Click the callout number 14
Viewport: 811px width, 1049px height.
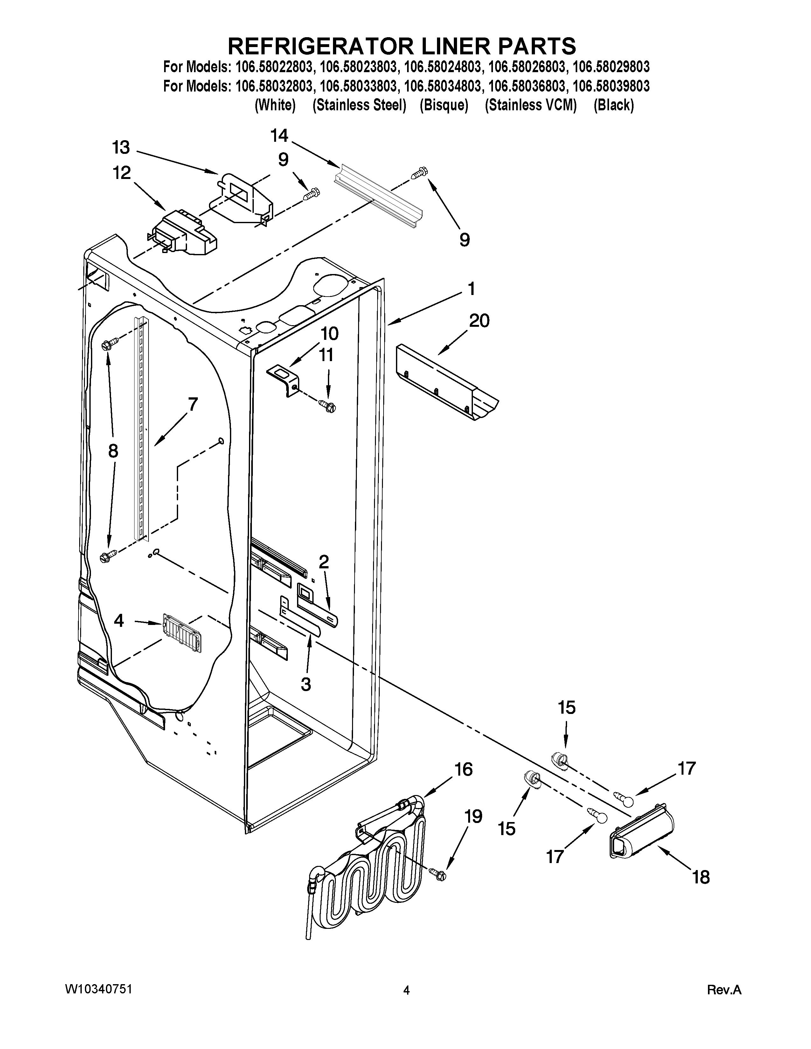point(279,136)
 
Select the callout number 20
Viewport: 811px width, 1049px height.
point(479,320)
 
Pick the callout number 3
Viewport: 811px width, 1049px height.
point(306,684)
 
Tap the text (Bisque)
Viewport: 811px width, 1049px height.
point(443,105)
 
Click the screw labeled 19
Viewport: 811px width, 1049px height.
point(439,875)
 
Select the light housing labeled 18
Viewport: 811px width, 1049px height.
point(641,836)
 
